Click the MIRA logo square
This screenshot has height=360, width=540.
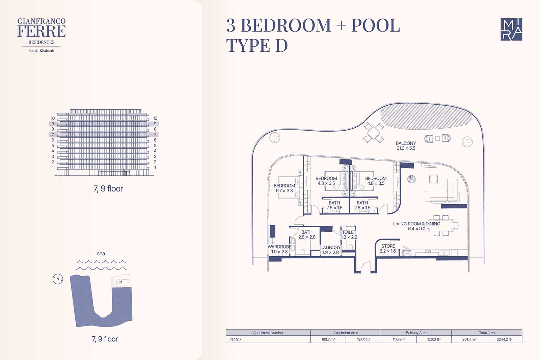[x=511, y=29]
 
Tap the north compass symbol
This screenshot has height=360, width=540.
[x=58, y=279]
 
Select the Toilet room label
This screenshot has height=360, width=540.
[x=349, y=234]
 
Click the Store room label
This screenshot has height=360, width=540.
[x=388, y=249]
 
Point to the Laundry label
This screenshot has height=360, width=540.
[x=330, y=250]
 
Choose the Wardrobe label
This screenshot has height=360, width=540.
[x=279, y=249]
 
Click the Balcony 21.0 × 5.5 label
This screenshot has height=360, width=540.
[x=406, y=146]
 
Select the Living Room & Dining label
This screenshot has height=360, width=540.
[x=416, y=226]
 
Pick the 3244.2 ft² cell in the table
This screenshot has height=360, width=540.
[x=504, y=339]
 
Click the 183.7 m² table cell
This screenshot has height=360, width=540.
[x=328, y=339]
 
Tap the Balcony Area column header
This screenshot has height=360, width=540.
[x=416, y=333]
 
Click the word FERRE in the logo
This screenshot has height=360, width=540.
[x=42, y=31]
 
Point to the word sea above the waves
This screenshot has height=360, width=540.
[x=101, y=254]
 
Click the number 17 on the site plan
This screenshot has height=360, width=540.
[x=120, y=283]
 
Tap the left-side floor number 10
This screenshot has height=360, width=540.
[x=53, y=118]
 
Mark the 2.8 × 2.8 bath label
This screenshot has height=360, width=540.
[x=307, y=234]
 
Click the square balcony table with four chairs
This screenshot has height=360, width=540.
[x=373, y=132]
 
